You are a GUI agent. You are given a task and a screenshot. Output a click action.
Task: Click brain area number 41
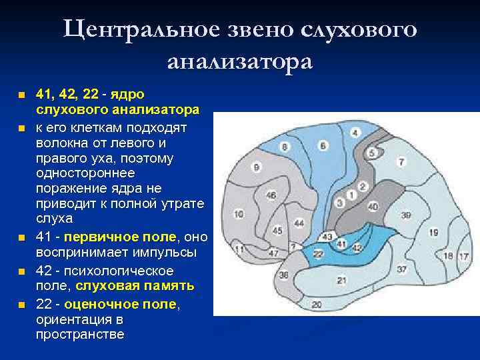point(342,245)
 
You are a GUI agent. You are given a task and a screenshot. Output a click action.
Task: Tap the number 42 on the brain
point(358,247)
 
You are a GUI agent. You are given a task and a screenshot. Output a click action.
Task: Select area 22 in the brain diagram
point(319,254)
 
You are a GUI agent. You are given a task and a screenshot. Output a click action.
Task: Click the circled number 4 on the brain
point(355,133)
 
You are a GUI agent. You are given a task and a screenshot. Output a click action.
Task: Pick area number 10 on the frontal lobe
point(238,215)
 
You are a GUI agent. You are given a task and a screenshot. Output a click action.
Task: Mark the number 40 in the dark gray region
point(373,207)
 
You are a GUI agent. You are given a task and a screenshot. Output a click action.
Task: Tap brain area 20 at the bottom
point(317,305)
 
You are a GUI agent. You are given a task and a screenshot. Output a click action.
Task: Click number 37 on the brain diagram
point(401,269)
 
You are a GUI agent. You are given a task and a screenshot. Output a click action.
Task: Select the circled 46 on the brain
point(271,195)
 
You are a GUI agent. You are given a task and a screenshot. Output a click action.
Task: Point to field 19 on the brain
point(434,233)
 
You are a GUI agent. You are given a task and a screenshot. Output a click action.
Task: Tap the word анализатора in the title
point(239,61)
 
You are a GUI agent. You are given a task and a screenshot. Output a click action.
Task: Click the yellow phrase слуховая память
point(134,286)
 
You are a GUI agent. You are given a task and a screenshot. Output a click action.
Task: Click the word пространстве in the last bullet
point(80,334)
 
